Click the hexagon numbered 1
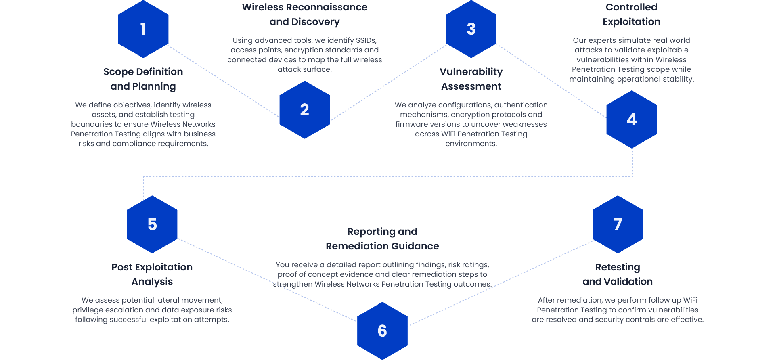pos(143,29)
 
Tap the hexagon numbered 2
pos(304,110)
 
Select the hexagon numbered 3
pos(471,29)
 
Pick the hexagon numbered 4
pos(632,119)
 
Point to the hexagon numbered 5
pos(152,224)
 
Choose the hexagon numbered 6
pos(382,331)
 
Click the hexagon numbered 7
pos(618,224)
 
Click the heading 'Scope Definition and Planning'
pos(143,79)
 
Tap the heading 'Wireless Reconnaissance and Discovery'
pos(304,15)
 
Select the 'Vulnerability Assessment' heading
pos(471,79)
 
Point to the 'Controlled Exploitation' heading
pos(631,15)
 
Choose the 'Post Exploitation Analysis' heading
pos(152,274)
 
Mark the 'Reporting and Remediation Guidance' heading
pos(382,239)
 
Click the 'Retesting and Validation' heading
pos(618,274)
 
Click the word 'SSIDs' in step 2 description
pos(366,40)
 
